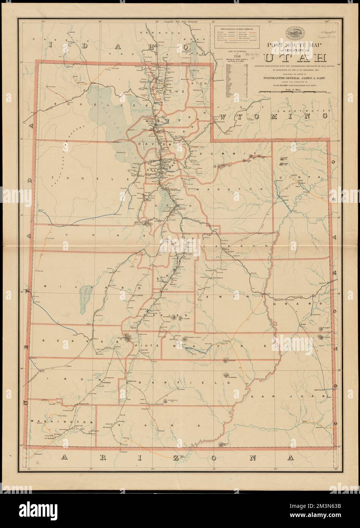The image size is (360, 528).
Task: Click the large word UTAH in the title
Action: point(295,58)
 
